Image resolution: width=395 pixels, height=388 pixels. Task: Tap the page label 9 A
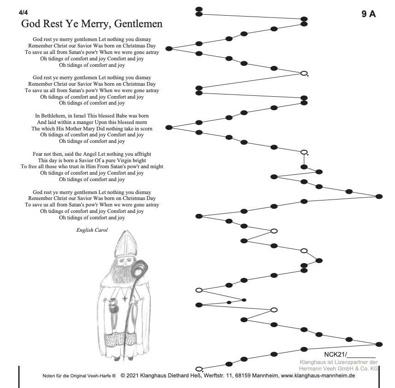(x=368, y=14)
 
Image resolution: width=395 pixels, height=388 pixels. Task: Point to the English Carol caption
(x=92, y=229)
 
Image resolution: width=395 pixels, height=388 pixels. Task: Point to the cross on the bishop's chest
(x=124, y=298)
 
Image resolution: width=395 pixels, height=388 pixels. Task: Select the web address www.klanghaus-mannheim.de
(x=318, y=376)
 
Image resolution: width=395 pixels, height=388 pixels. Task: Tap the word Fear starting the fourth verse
(x=39, y=154)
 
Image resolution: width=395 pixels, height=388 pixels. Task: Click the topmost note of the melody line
(x=199, y=9)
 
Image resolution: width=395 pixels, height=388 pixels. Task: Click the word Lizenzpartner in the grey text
(x=347, y=362)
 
